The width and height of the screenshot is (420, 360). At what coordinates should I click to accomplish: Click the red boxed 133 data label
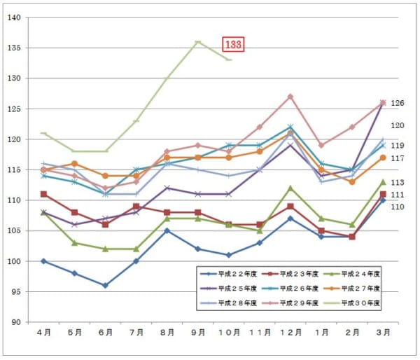coord(233,44)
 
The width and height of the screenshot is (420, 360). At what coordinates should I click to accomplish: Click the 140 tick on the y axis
coord(13,18)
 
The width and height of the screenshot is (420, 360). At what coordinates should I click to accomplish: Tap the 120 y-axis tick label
coord(13,139)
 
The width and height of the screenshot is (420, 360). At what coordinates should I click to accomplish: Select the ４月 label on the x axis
coord(43,332)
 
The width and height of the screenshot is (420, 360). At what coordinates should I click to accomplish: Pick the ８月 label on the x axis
coord(167,332)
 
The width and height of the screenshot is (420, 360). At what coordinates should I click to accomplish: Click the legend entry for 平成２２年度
coord(234,272)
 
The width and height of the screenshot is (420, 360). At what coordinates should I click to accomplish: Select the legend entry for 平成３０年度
coord(358,303)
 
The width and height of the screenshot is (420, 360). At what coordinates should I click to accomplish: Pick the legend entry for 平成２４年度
coord(358,272)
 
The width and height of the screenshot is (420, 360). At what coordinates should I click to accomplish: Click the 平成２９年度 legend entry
coord(296,303)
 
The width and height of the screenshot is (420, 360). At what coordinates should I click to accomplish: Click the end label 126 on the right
coord(398,104)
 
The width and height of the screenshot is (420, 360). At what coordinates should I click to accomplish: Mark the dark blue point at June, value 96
coord(105,286)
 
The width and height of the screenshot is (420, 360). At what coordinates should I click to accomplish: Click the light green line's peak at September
coord(198,42)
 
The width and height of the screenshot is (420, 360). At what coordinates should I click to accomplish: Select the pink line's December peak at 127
coord(290,97)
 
